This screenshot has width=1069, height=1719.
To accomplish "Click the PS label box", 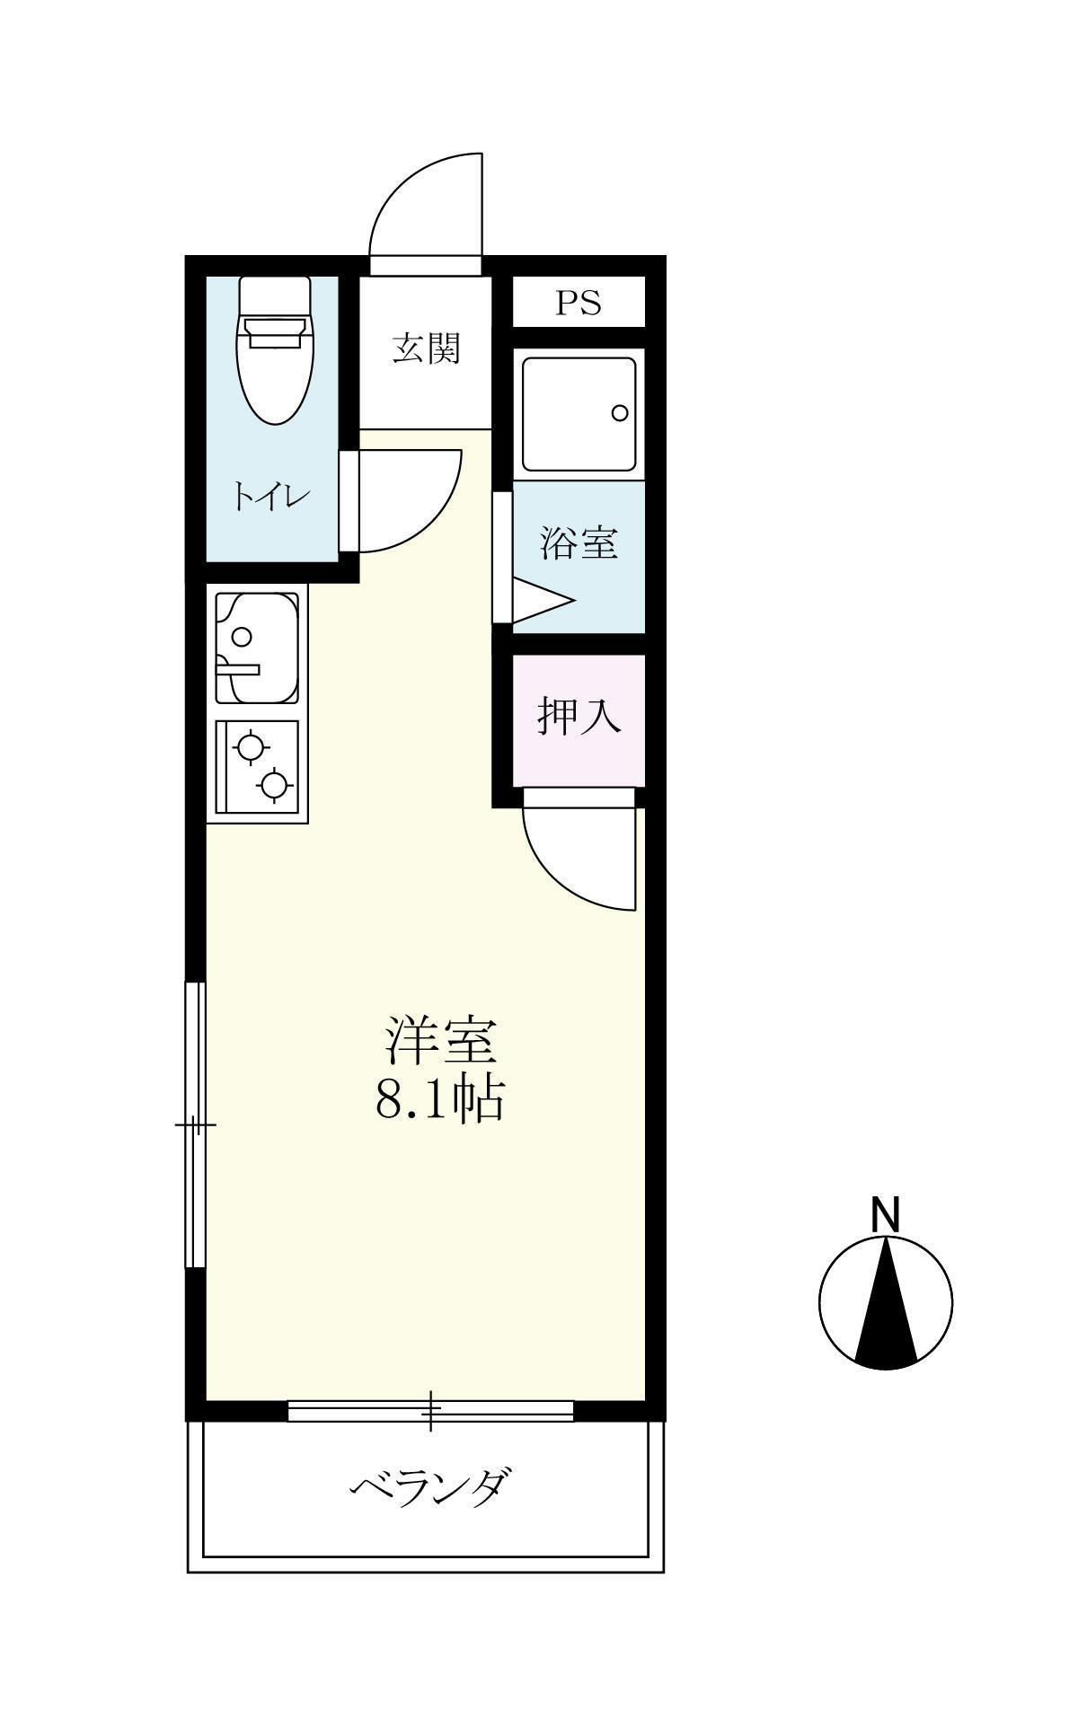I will point(578,303).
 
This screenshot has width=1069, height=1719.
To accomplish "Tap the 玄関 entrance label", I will point(426,348).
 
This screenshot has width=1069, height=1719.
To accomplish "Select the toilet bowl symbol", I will point(275,359).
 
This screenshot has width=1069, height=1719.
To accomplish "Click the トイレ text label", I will point(271,497).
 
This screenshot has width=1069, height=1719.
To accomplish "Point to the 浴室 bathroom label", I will point(579,543).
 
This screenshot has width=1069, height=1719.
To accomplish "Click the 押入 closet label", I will point(579,716).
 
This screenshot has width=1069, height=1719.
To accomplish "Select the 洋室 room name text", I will point(440,1041).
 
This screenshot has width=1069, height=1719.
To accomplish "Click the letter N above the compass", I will point(886,1214).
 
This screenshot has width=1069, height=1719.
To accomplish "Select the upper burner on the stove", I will point(249,746).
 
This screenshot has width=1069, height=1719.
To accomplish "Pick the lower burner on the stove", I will point(274,785).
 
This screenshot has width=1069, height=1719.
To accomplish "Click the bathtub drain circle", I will point(620,413).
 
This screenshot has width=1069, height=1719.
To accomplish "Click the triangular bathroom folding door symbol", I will point(539,601).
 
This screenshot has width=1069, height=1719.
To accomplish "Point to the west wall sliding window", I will point(195,1124).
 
